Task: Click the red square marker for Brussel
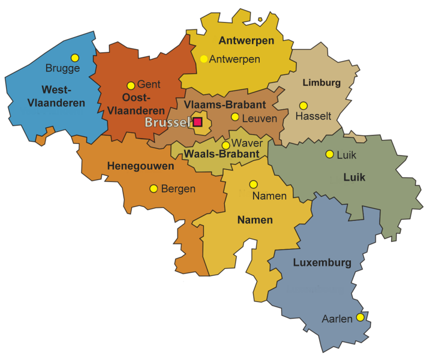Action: click(x=197, y=122)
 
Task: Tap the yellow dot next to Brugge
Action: click(x=75, y=58)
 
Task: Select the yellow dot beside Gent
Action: click(x=131, y=85)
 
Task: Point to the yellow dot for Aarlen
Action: click(x=360, y=317)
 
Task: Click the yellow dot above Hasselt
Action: click(x=303, y=106)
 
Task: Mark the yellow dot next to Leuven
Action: click(x=235, y=117)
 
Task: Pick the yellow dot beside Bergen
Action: click(x=154, y=188)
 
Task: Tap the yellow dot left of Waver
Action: click(x=225, y=145)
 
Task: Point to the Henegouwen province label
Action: click(x=136, y=166)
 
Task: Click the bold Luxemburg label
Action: click(x=322, y=263)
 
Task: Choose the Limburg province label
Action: click(x=321, y=83)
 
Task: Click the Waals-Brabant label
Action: click(x=221, y=154)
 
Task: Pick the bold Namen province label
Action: click(x=255, y=220)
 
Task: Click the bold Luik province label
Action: click(x=354, y=178)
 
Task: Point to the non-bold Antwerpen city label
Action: click(x=234, y=59)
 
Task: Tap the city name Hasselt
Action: click(x=313, y=116)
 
